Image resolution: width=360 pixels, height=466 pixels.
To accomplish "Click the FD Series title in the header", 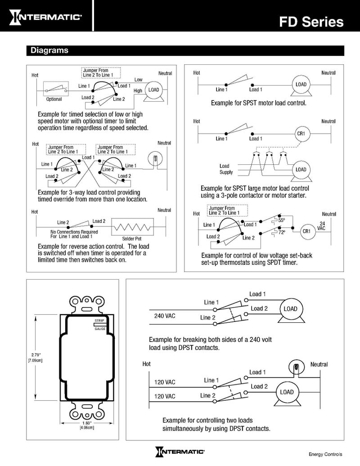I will (311, 22).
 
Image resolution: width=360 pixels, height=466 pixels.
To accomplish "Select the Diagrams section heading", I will (49, 50).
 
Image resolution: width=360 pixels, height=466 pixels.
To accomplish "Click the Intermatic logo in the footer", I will (180, 452).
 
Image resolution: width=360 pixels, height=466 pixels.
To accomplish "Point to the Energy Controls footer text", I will (325, 454).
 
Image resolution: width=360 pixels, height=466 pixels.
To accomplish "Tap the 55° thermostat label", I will (281, 221).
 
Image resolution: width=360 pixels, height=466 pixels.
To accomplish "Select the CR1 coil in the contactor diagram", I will (301, 134).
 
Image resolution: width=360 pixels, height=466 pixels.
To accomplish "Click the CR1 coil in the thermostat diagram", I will (306, 231).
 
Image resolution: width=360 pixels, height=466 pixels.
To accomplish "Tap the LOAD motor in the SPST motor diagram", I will (301, 85).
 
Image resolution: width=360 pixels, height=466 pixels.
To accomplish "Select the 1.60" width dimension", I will (86, 424).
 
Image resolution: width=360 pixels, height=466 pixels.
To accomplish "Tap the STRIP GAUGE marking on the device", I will (100, 326).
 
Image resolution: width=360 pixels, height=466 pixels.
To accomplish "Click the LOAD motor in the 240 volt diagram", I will (290, 309).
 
